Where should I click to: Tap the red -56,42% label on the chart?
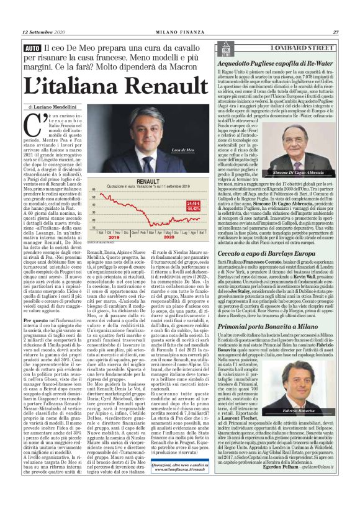(193, 209)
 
